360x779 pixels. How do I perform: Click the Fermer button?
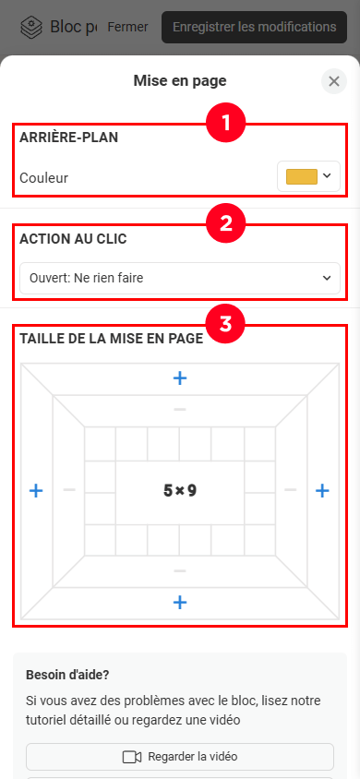[127, 27]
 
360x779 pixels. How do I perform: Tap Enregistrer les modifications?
[254, 27]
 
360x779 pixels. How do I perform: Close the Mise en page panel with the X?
[334, 81]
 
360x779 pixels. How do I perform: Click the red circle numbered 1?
[226, 123]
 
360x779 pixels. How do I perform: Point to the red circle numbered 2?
[226, 223]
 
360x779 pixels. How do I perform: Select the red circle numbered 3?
[226, 324]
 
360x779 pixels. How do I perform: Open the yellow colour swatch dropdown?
[308, 176]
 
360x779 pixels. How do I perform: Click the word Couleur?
[43, 177]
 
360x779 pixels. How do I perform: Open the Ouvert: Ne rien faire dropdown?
[180, 278]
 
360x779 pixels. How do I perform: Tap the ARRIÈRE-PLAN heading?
[69, 138]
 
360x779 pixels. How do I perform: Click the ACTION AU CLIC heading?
[73, 239]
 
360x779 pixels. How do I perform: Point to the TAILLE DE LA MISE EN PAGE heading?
[111, 339]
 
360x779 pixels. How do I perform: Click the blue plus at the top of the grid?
[180, 378]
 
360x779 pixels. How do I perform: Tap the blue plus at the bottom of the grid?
[180, 603]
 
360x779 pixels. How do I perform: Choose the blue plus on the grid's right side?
[323, 491]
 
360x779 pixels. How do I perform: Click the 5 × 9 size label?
[180, 491]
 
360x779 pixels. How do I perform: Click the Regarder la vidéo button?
[180, 757]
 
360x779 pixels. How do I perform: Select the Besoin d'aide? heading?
[67, 676]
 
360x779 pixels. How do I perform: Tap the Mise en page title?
[180, 80]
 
